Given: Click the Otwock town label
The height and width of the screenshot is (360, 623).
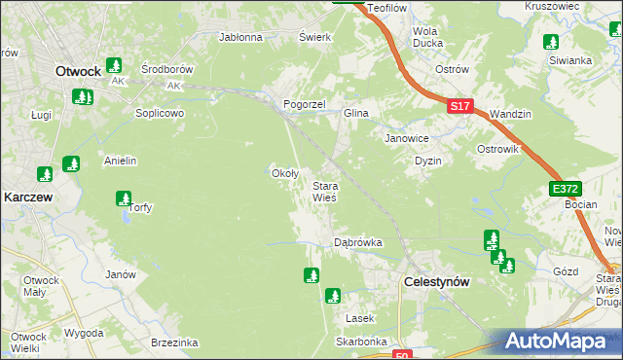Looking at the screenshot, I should [x=79, y=71].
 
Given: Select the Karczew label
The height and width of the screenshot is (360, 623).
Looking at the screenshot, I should [x=27, y=196].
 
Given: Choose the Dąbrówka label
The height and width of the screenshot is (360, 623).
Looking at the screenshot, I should [x=357, y=242].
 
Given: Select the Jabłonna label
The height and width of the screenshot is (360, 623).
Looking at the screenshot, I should [x=241, y=38].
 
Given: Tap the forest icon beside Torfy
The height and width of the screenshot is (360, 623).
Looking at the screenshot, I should [x=124, y=199].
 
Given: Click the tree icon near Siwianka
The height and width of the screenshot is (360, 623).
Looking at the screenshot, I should [x=551, y=42].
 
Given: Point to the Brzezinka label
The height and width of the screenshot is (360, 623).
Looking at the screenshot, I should [x=175, y=342].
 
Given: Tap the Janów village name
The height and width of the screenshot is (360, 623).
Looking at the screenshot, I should [x=120, y=274].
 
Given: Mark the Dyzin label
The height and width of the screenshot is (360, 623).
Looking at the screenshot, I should [x=428, y=161].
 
